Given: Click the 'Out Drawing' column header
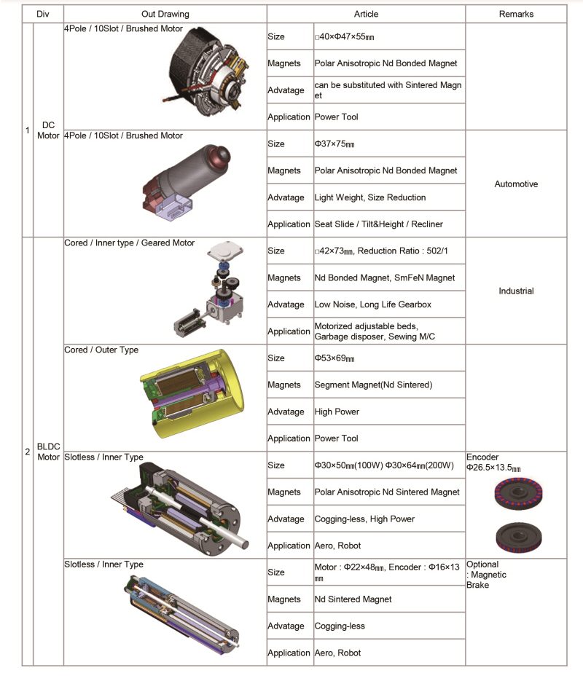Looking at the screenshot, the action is point(165,14).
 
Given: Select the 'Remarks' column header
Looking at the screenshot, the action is point(516,14).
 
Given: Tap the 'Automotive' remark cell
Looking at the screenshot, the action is point(516,184).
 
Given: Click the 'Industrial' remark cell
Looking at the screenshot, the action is point(516,291).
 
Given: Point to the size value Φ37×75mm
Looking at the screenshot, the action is point(334,143).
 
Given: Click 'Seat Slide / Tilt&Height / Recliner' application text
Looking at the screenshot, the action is point(379,224).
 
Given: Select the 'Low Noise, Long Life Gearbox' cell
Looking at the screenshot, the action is point(372,304).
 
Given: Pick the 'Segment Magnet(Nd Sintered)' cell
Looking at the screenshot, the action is point(374,385).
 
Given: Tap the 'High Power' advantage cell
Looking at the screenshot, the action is point(337,412).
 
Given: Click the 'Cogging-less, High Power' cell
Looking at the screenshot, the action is point(364,519).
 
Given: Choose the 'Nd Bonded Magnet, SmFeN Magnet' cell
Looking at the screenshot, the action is point(385,277).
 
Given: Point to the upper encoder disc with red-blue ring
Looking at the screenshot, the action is point(518,493).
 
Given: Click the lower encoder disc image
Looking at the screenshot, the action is point(519,538).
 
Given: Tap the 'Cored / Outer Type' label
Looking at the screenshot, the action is point(101,350).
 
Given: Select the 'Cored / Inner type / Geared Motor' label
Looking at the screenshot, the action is point(130,243).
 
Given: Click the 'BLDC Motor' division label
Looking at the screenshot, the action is point(48,452).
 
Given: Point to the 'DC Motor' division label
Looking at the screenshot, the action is point(48,130).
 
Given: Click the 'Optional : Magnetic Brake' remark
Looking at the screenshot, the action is point(486,575).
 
